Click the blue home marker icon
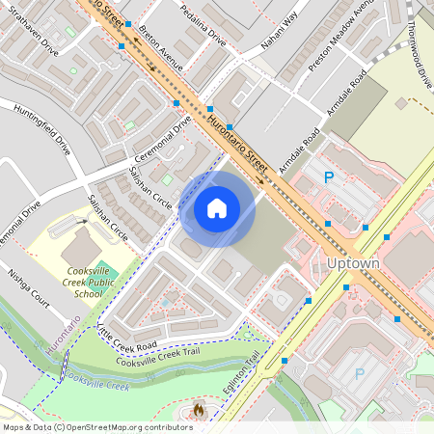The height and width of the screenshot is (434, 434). (x=217, y=208)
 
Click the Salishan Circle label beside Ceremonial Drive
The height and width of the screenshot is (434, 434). (x=149, y=189)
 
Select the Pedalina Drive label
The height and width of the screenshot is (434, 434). (x=203, y=23)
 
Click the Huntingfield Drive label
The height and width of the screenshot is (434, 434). (x=42, y=129)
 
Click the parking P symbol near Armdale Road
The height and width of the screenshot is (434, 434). (x=329, y=176)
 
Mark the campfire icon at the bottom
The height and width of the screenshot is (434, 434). (x=200, y=410)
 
